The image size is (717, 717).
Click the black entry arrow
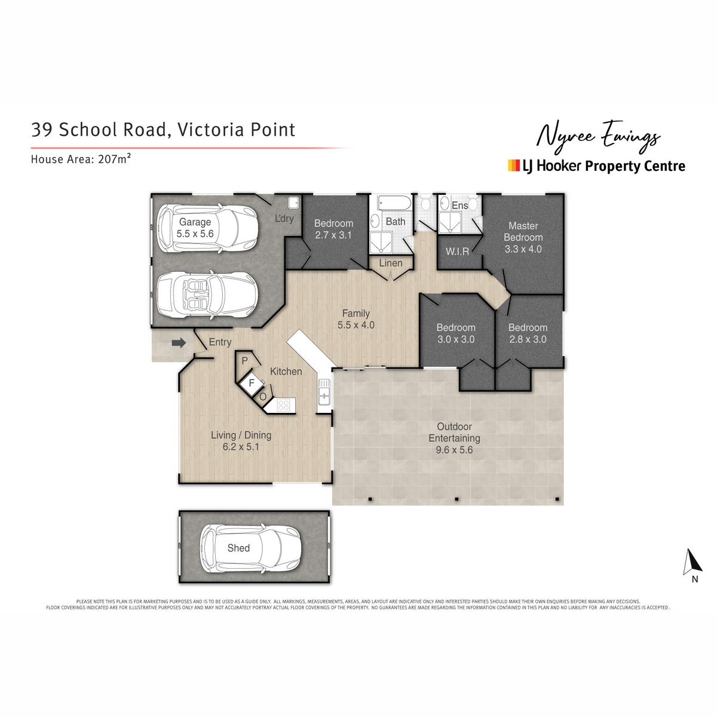click(x=179, y=343)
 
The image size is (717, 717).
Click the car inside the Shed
click(x=250, y=548)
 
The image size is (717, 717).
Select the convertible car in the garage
click(x=207, y=295)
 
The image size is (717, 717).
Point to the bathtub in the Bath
click(x=394, y=203)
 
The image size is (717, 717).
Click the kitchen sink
click(x=324, y=391)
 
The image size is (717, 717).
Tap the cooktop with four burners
click(x=284, y=405)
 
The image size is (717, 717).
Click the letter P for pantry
click(x=244, y=360)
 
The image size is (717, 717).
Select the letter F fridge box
click(x=252, y=382)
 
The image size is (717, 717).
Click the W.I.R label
click(x=457, y=252)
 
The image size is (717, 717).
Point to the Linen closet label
click(x=391, y=263)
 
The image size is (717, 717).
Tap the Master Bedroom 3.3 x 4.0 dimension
click(x=523, y=249)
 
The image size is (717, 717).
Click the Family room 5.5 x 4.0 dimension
click(x=356, y=325)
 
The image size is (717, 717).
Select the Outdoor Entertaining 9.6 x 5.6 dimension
click(x=454, y=450)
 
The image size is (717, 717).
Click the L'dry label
click(x=284, y=219)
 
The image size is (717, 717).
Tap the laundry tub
click(x=293, y=203)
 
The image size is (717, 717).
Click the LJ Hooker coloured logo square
click(x=513, y=166)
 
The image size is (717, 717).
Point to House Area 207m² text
click(x=81, y=159)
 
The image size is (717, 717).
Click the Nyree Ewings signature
click(x=598, y=137)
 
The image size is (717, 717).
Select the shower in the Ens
click(x=449, y=222)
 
